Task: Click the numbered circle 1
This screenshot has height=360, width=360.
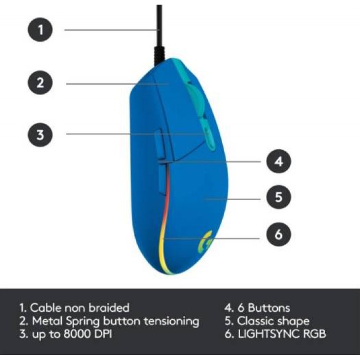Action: point(40,30)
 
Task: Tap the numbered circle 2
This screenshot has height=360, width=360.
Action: point(40,82)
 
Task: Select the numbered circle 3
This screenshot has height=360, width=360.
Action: point(40,135)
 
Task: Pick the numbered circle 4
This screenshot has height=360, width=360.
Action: point(279,161)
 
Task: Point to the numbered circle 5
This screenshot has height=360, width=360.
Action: point(279,197)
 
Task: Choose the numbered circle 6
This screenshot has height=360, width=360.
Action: point(279,235)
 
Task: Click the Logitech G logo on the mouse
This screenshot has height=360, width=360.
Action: point(205,242)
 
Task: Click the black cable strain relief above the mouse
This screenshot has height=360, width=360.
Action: point(159,55)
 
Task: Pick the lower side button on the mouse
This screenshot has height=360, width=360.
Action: point(163,180)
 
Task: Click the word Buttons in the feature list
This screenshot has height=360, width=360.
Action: point(269,308)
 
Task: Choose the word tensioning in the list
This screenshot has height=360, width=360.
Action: point(171,321)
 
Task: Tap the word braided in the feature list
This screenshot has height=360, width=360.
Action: point(109,308)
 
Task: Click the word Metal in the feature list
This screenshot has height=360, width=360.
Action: point(47,321)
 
